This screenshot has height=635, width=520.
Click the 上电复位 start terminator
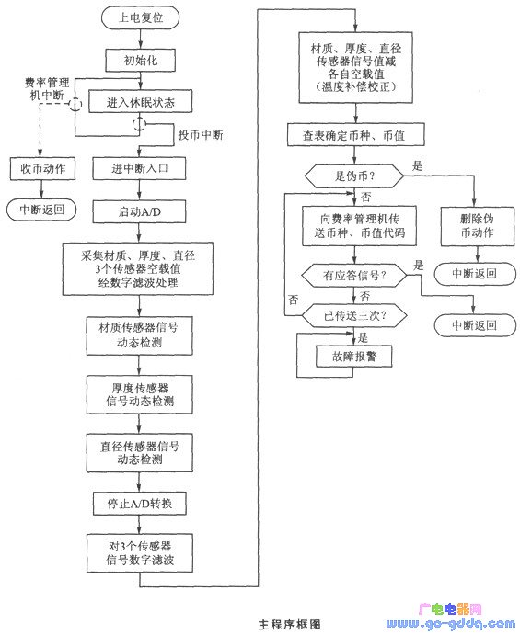tap(140, 17)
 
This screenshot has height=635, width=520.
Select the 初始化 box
tap(140, 61)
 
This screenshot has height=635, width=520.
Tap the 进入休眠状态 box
tap(140, 102)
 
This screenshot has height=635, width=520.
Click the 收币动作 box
tap(42, 168)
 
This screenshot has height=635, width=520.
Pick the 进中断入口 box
tap(140, 168)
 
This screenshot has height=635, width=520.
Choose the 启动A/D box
tap(140, 211)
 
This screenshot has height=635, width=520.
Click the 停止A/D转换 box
tap(140, 504)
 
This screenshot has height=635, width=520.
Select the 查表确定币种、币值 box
tap(356, 135)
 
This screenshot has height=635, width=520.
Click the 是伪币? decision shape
tap(354, 176)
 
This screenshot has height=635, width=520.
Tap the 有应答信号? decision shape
tap(354, 276)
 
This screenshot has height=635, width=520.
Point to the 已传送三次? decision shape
tap(354, 315)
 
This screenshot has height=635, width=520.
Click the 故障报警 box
tap(354, 357)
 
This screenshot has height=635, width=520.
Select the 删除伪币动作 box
tap(478, 226)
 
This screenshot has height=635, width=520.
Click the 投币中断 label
tap(201, 135)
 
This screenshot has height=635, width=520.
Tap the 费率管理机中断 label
tap(47, 89)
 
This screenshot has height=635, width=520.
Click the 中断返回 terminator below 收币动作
tap(41, 210)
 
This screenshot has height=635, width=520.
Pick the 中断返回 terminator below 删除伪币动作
tap(475, 274)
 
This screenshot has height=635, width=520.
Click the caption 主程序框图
tap(289, 624)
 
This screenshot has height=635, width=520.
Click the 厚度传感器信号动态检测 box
tap(140, 395)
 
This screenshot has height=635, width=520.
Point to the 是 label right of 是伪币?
tap(417, 165)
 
